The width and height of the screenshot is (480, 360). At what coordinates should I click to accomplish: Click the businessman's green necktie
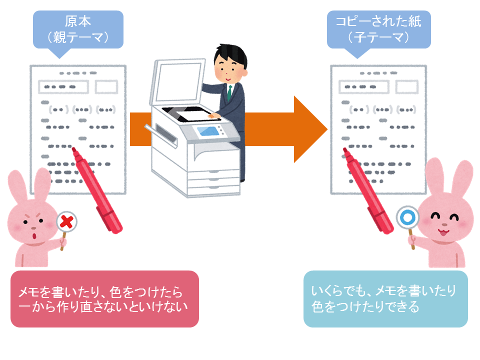coord(230,93)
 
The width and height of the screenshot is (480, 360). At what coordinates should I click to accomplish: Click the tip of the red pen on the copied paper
coord(344,150)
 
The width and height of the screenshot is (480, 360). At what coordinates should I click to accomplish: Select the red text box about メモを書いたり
coord(104,299)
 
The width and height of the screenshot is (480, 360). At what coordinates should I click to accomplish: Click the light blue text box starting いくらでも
coord(385,299)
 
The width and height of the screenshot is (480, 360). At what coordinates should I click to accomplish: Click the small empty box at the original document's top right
coord(106,86)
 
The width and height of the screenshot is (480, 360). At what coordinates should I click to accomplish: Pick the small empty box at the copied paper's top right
coord(406,86)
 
